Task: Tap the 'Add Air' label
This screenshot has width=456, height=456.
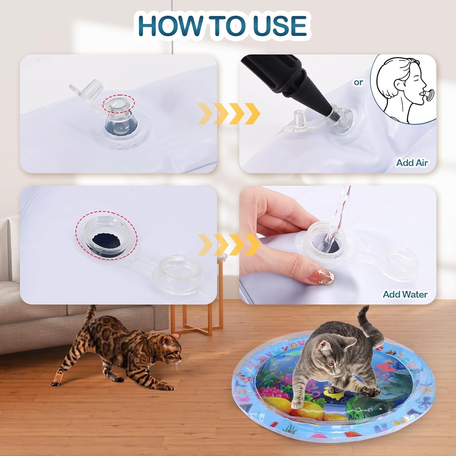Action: (x=412, y=163)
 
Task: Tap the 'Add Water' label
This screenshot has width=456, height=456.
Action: (x=405, y=294)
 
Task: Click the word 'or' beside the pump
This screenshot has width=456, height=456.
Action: (x=358, y=82)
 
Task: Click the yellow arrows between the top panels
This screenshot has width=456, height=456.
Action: (x=229, y=113)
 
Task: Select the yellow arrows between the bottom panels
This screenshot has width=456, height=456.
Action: (x=229, y=245)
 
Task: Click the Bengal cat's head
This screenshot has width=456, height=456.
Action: (x=170, y=347)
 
